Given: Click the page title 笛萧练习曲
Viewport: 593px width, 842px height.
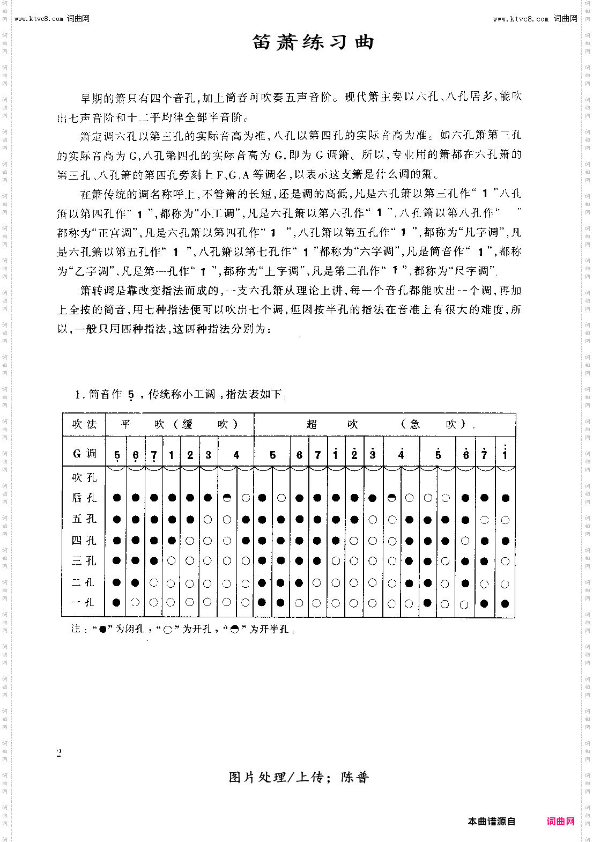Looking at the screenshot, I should click(313, 42).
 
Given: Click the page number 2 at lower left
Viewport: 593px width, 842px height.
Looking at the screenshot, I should click(59, 753).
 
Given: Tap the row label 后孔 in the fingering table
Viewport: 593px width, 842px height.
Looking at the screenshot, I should click(84, 498).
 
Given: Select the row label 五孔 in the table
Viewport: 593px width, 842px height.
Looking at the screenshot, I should click(84, 519).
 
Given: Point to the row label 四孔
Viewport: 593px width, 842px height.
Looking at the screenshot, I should click(84, 541).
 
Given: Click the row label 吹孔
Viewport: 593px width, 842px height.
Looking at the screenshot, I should click(84, 477).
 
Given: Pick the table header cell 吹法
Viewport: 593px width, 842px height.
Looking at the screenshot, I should click(84, 424).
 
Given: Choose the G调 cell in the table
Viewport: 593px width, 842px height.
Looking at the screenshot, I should click(84, 454).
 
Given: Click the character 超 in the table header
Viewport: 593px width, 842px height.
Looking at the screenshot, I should click(312, 424).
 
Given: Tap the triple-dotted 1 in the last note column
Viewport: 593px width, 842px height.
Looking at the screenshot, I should click(505, 454).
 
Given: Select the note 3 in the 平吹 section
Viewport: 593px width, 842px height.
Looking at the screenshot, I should click(208, 455).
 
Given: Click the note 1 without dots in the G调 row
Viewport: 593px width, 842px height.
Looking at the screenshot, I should click(172, 455).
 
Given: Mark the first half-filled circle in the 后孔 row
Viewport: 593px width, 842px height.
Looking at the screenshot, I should click(227, 498).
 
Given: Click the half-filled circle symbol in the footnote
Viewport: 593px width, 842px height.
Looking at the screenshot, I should click(234, 629).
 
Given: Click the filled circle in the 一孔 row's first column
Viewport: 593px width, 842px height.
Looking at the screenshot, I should click(117, 603).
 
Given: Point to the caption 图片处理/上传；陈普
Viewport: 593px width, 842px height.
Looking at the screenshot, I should click(299, 777).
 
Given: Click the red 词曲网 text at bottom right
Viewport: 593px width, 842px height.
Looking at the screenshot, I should click(560, 821).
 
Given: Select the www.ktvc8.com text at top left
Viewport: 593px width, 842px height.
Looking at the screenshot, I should click(39, 19).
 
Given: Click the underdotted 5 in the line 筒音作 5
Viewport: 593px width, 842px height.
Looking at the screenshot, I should click(131, 395).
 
